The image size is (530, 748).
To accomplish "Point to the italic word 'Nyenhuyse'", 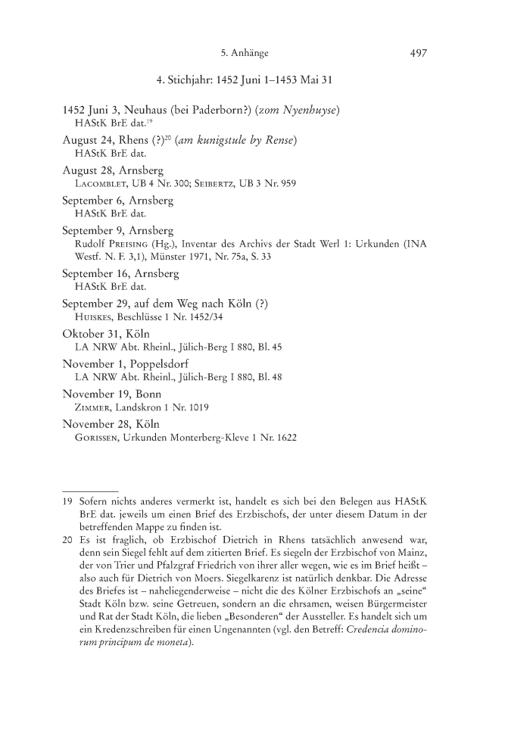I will tap(308, 111).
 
